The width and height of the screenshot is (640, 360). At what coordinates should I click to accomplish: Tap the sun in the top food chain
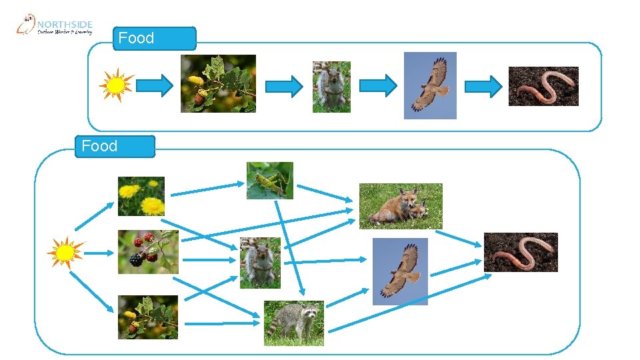click(x=116, y=85)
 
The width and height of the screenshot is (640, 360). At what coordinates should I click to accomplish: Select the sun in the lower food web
click(x=65, y=253)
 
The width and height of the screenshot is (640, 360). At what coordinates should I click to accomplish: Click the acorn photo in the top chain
click(x=218, y=83)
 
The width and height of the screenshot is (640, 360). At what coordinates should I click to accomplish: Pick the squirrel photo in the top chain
click(x=331, y=87)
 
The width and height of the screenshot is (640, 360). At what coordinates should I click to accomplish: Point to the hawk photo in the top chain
click(x=430, y=85)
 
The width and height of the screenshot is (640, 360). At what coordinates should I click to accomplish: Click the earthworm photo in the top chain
click(x=543, y=86)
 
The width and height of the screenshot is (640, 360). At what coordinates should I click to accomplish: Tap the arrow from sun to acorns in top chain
click(x=155, y=85)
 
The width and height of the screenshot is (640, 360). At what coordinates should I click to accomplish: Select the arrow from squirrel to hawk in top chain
click(x=378, y=85)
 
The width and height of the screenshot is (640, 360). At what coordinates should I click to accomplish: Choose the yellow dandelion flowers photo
click(x=141, y=196)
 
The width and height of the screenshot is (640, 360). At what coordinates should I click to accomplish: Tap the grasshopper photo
click(x=269, y=180)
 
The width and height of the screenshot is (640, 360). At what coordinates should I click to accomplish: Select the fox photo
click(x=401, y=206)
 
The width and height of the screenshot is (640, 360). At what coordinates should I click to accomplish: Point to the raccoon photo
click(x=294, y=323)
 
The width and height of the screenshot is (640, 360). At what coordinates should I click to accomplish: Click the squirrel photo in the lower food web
click(x=260, y=263)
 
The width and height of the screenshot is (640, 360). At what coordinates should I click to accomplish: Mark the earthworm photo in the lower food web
click(x=521, y=252)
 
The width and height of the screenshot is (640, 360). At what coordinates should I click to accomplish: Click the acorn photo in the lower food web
click(x=148, y=317)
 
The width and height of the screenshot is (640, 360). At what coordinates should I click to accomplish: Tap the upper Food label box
click(x=155, y=39)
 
